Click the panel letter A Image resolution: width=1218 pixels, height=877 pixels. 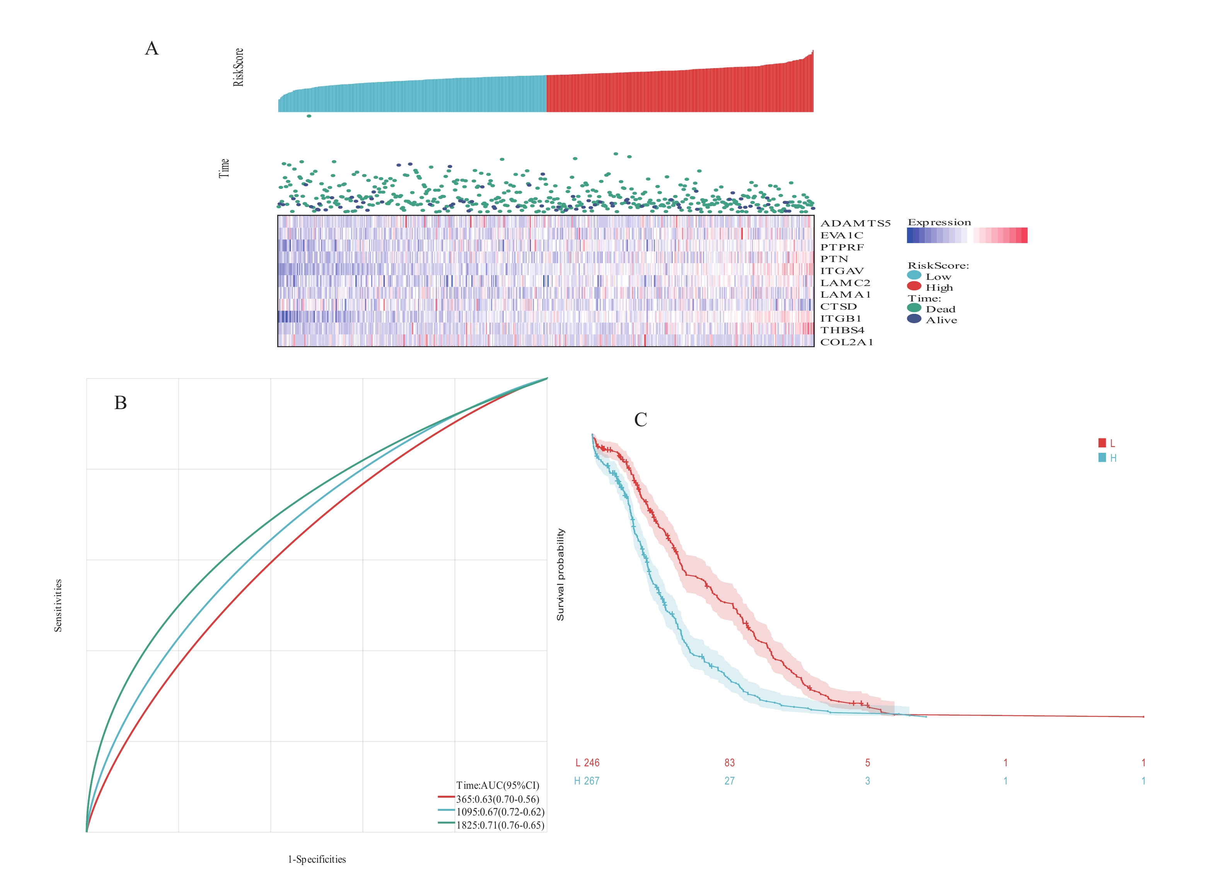tap(152, 48)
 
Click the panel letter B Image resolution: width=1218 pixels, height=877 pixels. tap(120, 403)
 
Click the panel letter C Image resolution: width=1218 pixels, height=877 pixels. tap(640, 419)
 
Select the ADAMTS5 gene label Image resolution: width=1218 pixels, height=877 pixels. tap(855, 223)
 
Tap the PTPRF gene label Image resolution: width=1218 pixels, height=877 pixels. tap(841, 247)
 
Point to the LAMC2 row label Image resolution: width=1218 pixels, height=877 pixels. tap(845, 283)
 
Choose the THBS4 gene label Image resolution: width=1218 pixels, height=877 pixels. tap(842, 330)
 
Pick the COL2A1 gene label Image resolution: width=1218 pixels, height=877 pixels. tap(846, 342)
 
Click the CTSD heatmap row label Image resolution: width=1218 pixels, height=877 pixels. tap(838, 306)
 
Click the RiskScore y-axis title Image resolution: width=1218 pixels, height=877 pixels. tap(238, 67)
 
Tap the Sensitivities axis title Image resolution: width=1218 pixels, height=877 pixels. tap(58, 605)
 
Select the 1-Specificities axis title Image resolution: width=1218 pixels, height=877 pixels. tap(317, 859)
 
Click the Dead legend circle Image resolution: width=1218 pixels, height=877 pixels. tap(914, 308)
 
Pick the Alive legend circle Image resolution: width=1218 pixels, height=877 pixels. tap(914, 319)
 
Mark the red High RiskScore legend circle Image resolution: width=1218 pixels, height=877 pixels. tap(914, 286)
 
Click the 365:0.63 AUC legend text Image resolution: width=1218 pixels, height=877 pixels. tap(497, 799)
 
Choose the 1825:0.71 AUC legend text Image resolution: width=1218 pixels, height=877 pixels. tap(500, 825)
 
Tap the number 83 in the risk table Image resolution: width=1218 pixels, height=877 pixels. tap(729, 762)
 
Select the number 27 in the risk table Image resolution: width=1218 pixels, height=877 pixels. tap(729, 781)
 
